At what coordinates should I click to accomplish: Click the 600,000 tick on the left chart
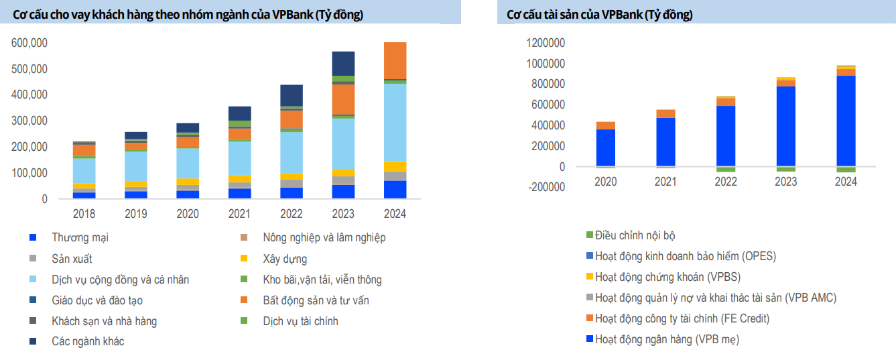(29, 43)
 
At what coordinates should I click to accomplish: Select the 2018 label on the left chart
(84, 214)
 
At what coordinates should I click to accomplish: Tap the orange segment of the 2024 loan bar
(395, 60)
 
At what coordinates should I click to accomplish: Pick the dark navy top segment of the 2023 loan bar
(343, 63)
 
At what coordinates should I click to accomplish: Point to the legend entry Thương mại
(80, 237)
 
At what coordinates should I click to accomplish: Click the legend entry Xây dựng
(285, 259)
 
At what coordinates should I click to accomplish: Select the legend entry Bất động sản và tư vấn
(316, 300)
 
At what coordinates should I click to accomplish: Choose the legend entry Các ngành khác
(88, 341)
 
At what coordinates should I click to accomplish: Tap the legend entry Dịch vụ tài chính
(300, 321)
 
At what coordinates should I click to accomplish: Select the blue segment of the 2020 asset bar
(605, 147)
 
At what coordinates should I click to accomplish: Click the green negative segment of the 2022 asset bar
(726, 169)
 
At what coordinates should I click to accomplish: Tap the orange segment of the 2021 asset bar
(665, 113)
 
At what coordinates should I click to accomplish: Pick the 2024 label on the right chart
(846, 182)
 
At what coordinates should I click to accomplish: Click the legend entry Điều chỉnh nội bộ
(635, 235)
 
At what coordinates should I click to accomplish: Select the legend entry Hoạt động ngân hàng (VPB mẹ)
(667, 339)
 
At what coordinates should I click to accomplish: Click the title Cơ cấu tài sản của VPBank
(599, 14)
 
